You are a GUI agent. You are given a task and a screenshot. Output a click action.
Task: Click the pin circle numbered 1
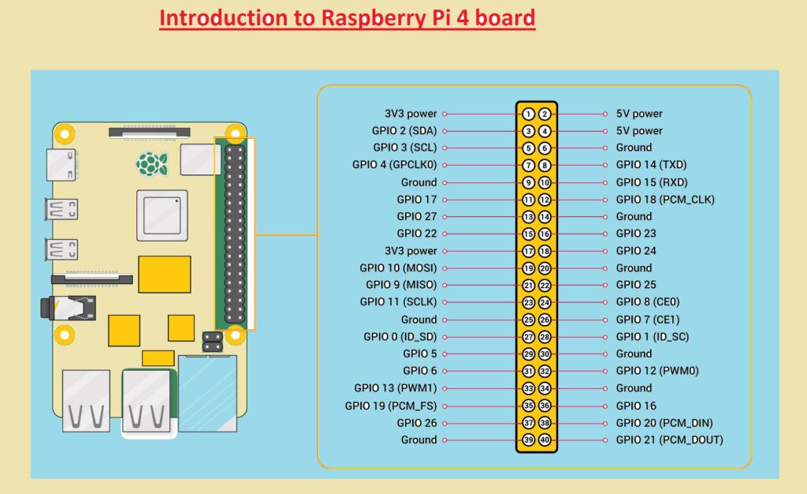point(529,114)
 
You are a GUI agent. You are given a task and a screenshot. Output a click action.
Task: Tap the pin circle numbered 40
point(545,440)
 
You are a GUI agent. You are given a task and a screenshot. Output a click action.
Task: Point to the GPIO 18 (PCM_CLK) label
point(665,200)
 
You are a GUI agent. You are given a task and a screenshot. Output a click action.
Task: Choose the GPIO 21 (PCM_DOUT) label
point(669,440)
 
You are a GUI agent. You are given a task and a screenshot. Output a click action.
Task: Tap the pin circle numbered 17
point(529,251)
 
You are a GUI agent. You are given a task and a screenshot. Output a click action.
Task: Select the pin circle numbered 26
point(545,320)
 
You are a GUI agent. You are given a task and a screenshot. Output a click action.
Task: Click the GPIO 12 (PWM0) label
point(657,371)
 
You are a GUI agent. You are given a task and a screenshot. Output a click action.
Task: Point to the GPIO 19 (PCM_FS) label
point(391,406)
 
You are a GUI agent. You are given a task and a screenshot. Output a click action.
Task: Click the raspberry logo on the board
point(152,163)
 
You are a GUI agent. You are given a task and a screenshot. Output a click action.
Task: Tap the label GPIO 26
point(417,423)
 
